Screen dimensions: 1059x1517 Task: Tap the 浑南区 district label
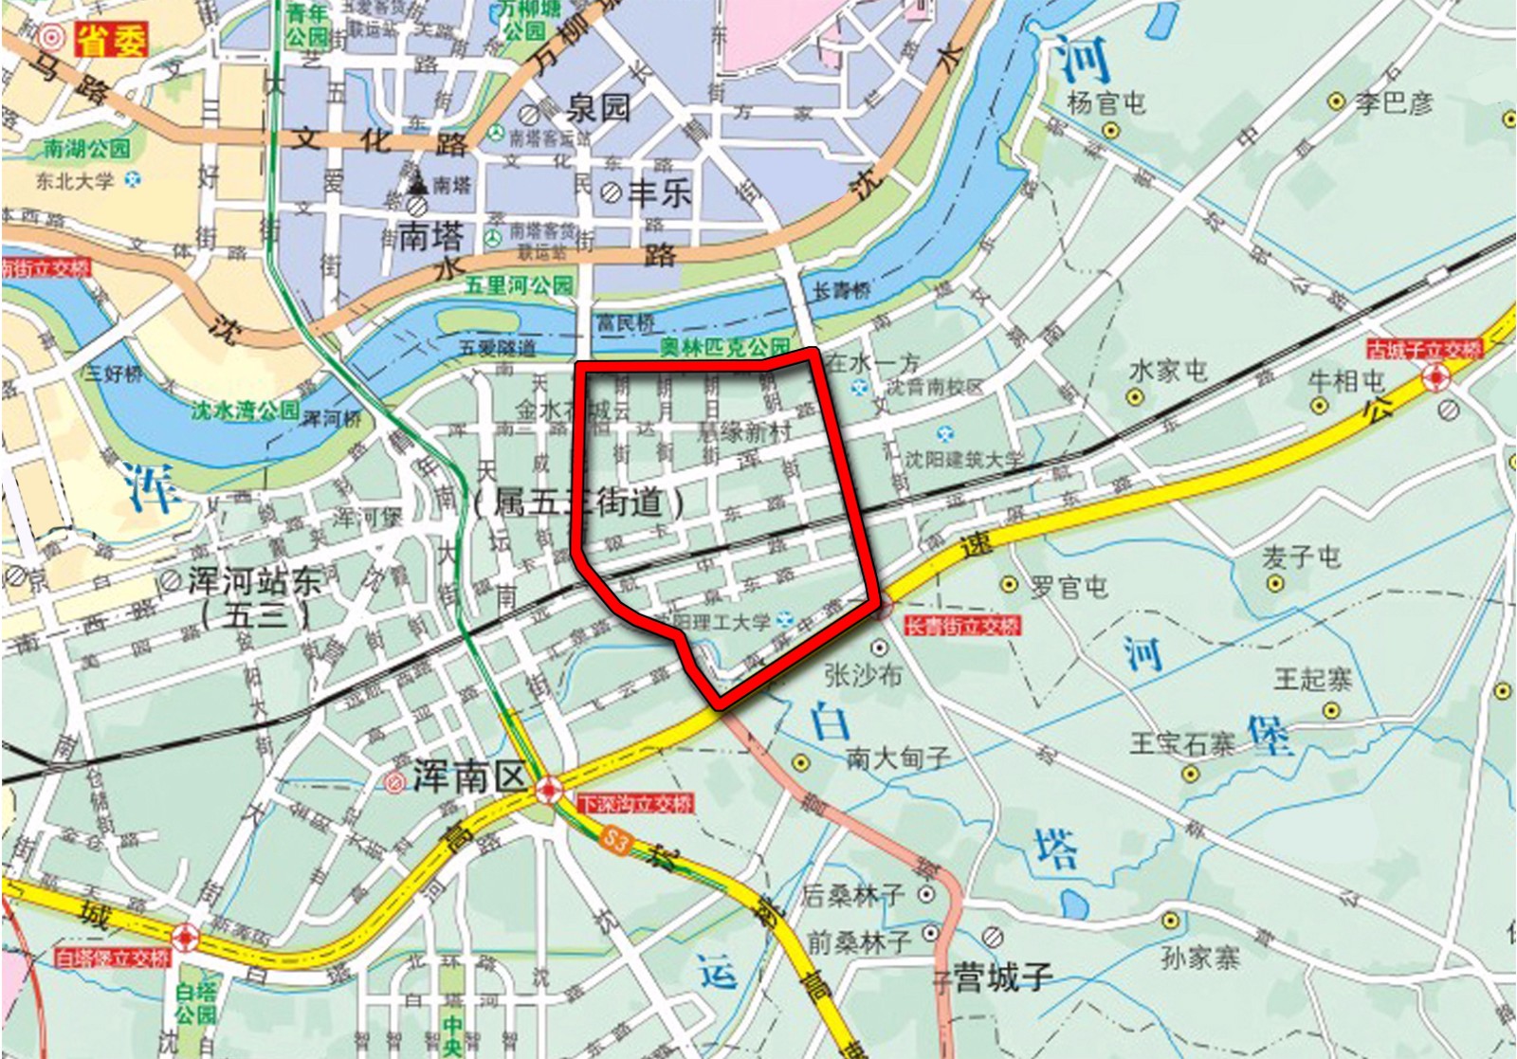tap(468, 777)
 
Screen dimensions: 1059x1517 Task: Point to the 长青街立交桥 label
tap(961, 626)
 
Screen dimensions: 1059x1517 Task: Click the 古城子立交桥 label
tap(1423, 350)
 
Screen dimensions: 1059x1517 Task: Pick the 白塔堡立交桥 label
tap(112, 958)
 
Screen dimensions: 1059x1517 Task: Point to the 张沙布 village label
tap(863, 675)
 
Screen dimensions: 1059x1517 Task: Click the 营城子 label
tap(1003, 977)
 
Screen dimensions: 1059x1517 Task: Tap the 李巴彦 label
tap(1393, 102)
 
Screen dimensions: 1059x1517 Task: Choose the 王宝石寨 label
tap(1181, 742)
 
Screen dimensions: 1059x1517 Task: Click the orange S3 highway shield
tap(617, 840)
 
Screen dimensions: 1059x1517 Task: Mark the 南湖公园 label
tap(86, 149)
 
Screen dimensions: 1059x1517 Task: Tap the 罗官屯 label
tap(1069, 587)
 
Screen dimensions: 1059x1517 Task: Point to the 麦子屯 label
tap(1301, 557)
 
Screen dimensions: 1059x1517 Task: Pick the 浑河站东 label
tap(254, 581)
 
